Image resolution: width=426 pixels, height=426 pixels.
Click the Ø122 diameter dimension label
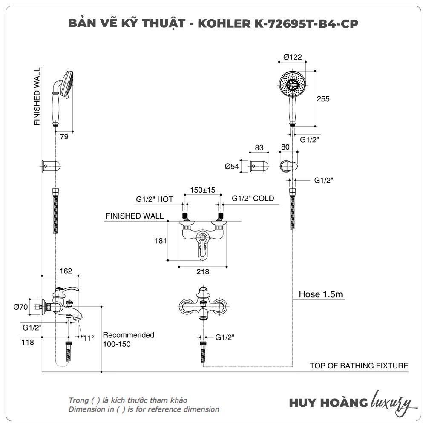293,57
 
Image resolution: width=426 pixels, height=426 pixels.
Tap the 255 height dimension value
323,99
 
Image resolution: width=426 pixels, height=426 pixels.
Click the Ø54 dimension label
232,167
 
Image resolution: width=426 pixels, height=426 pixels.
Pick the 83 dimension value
259,147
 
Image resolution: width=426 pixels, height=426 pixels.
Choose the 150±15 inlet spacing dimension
203,190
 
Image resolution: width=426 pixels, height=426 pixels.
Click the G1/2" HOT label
155,199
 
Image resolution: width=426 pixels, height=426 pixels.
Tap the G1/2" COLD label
253,199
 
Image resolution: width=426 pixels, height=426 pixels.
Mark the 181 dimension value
160,241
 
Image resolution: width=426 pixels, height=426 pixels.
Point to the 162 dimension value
66,271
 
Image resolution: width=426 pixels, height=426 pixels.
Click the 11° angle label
88,338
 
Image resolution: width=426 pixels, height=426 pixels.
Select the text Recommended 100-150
128,340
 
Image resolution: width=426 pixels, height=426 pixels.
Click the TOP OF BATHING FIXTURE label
359,366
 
